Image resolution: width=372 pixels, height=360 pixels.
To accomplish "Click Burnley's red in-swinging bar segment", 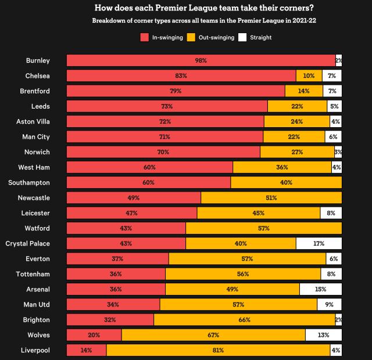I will tap(201, 60).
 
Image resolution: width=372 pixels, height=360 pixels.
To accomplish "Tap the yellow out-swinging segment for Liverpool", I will tap(218, 350).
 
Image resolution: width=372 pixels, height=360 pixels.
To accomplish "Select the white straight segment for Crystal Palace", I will tap(319, 243).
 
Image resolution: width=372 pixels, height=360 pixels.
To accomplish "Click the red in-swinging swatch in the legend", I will tap(145, 37).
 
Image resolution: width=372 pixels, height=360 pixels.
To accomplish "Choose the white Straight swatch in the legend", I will tap(244, 37).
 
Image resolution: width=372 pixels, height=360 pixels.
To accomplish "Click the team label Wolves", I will tap(38, 335).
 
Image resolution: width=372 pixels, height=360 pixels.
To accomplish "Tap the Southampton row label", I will tap(29, 182).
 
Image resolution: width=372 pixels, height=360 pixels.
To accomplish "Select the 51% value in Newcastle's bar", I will tap(271, 197).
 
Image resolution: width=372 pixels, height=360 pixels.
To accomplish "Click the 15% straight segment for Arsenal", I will tap(320, 289).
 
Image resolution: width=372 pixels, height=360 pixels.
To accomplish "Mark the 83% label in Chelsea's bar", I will tap(181, 75).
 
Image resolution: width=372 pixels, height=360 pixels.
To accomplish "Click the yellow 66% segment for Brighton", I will tap(244, 319).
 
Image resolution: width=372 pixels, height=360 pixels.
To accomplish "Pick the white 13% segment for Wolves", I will tap(323, 335).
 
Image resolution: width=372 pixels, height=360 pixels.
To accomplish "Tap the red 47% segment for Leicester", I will tap(132, 213).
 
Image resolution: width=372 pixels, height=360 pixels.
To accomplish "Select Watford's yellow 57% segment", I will tap(263, 228).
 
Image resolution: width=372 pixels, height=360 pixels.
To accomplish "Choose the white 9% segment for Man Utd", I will tap(329, 304).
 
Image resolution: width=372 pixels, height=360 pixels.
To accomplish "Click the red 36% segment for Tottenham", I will tap(116, 274).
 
